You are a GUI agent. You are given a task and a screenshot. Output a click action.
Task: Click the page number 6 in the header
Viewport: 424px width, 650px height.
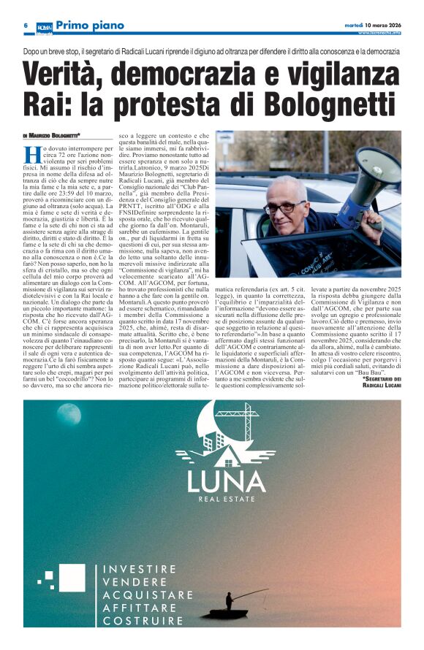tap(26, 26)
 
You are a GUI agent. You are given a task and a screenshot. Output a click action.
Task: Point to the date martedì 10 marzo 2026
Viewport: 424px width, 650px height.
tap(372, 24)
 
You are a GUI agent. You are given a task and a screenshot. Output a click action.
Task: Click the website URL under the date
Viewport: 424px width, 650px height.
tap(379, 34)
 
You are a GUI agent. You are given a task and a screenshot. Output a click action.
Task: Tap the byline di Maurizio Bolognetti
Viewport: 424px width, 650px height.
tap(52, 135)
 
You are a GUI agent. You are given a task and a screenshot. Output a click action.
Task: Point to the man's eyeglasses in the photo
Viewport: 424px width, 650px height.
tap(286, 207)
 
